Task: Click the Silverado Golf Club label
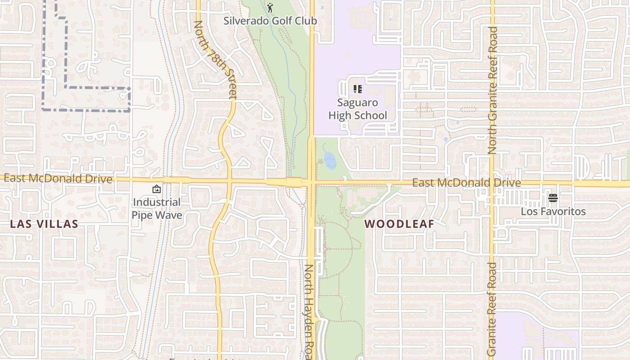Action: [x=270, y=21]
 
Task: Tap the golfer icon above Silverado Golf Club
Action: [x=270, y=8]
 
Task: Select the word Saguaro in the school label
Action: [x=357, y=103]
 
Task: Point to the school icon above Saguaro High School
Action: [x=357, y=89]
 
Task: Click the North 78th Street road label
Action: [x=215, y=59]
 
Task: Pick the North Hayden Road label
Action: [x=309, y=310]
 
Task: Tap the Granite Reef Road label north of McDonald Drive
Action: [x=493, y=90]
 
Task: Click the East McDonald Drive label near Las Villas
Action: [x=58, y=178]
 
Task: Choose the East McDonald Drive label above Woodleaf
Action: [x=467, y=183]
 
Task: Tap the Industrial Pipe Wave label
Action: [x=157, y=209]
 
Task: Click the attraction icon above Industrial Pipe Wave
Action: [x=157, y=189]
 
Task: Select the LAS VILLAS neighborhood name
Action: [x=44, y=224]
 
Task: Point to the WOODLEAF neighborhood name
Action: [x=399, y=224]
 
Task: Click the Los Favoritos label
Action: [x=553, y=211]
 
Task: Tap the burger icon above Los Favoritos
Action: [x=553, y=198]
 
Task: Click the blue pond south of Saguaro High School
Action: [x=330, y=160]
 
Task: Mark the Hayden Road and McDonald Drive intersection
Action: [x=311, y=182]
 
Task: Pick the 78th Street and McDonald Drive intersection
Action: [x=229, y=181]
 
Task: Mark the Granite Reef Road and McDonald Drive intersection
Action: [x=492, y=183]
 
